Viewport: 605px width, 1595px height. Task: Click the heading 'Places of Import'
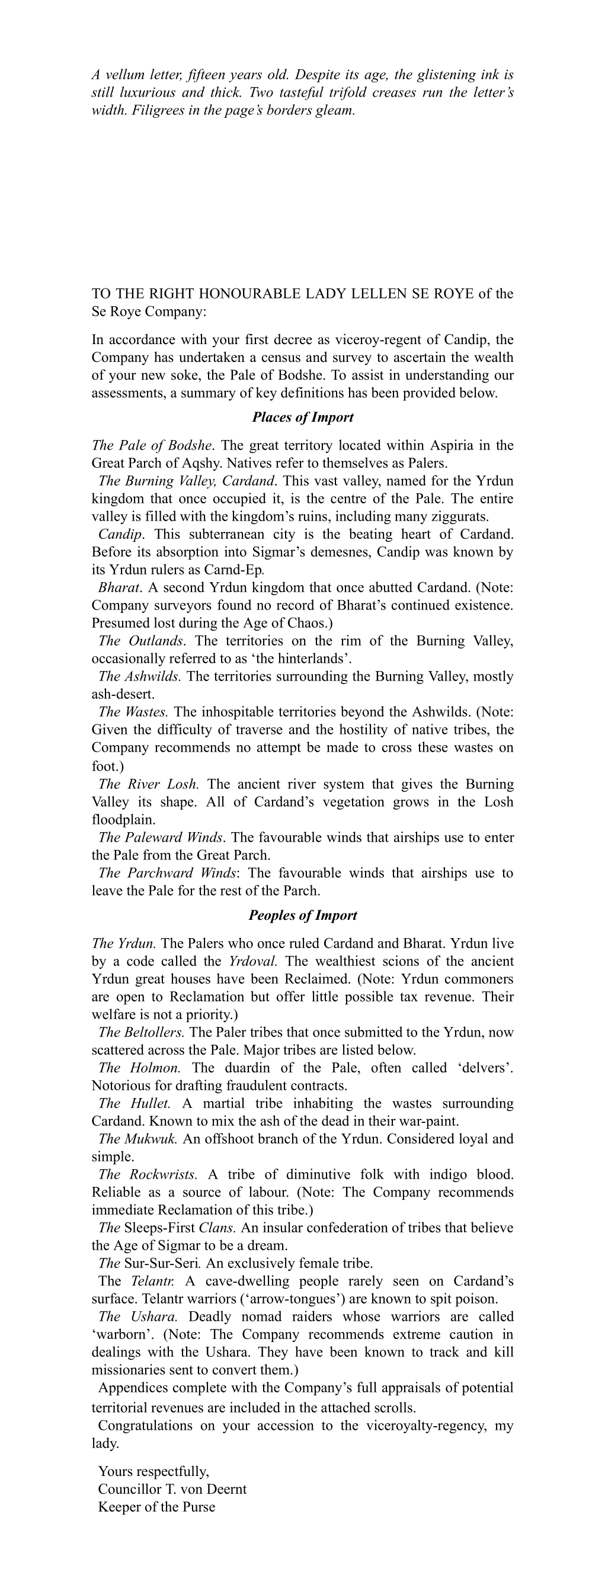(302, 417)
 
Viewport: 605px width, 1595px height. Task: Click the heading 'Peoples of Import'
(302, 915)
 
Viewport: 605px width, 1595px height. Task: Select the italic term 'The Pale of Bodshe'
(152, 445)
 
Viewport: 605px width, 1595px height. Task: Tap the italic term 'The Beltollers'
(141, 1032)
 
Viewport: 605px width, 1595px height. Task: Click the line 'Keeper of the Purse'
(156, 1507)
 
